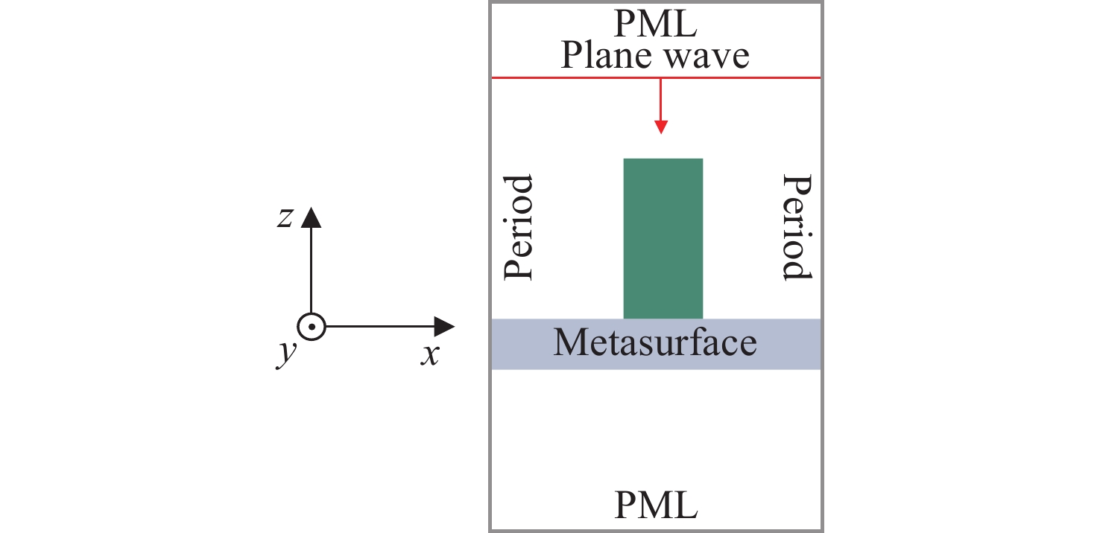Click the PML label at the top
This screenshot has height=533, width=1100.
(656, 25)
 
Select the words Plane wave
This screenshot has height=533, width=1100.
(655, 55)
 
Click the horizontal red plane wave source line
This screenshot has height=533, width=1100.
(566, 77)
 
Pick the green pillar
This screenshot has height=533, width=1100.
(663, 238)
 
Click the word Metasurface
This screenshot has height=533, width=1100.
(655, 343)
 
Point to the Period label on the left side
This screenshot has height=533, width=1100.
(519, 228)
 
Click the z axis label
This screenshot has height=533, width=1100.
(284, 219)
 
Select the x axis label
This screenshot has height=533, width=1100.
(429, 355)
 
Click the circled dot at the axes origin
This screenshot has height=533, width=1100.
(311, 327)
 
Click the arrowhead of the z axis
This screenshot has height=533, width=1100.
(311, 217)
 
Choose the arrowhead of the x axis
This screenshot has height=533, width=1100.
(445, 327)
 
